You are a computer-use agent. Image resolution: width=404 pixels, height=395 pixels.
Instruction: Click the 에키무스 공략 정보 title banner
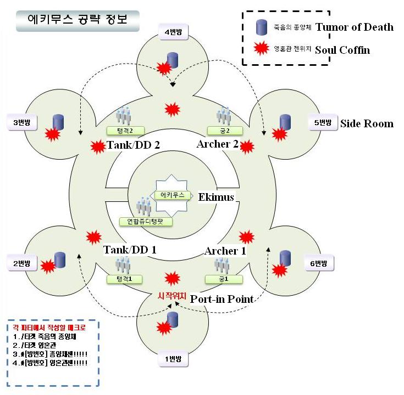tap(76, 20)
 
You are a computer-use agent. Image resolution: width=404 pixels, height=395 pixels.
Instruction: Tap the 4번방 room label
tap(173, 32)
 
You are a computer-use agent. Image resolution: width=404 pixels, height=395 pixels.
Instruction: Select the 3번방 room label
tap(22, 121)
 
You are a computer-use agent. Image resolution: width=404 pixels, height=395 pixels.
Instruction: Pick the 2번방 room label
tap(22, 263)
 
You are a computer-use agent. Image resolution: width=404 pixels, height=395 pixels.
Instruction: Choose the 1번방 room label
tap(173, 359)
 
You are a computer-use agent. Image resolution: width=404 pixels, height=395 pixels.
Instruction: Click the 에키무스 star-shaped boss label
tap(173, 195)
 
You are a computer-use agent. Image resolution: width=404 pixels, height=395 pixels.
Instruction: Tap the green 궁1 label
tap(222, 279)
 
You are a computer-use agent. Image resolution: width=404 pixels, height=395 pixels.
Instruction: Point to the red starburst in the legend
tap(262, 50)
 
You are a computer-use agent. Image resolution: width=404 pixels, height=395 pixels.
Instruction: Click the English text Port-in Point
tap(222, 299)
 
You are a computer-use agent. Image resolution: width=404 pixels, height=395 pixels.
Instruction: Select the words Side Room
tap(367, 123)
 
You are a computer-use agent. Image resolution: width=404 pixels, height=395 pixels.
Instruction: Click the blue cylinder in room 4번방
tap(174, 60)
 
